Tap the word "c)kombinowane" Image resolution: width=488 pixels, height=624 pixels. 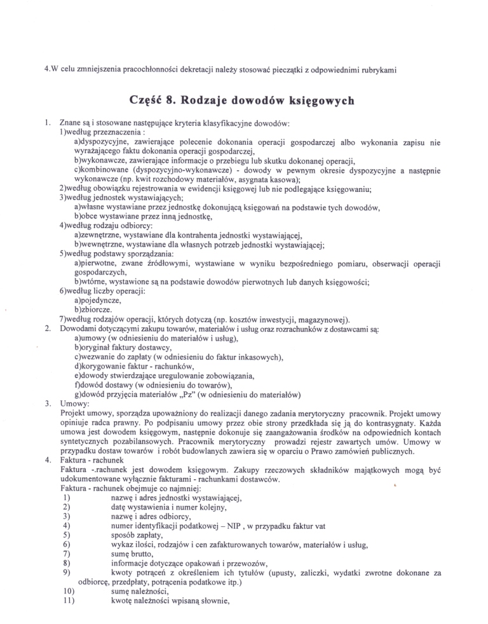(104, 171)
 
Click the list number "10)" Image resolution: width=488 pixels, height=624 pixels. (71, 592)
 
